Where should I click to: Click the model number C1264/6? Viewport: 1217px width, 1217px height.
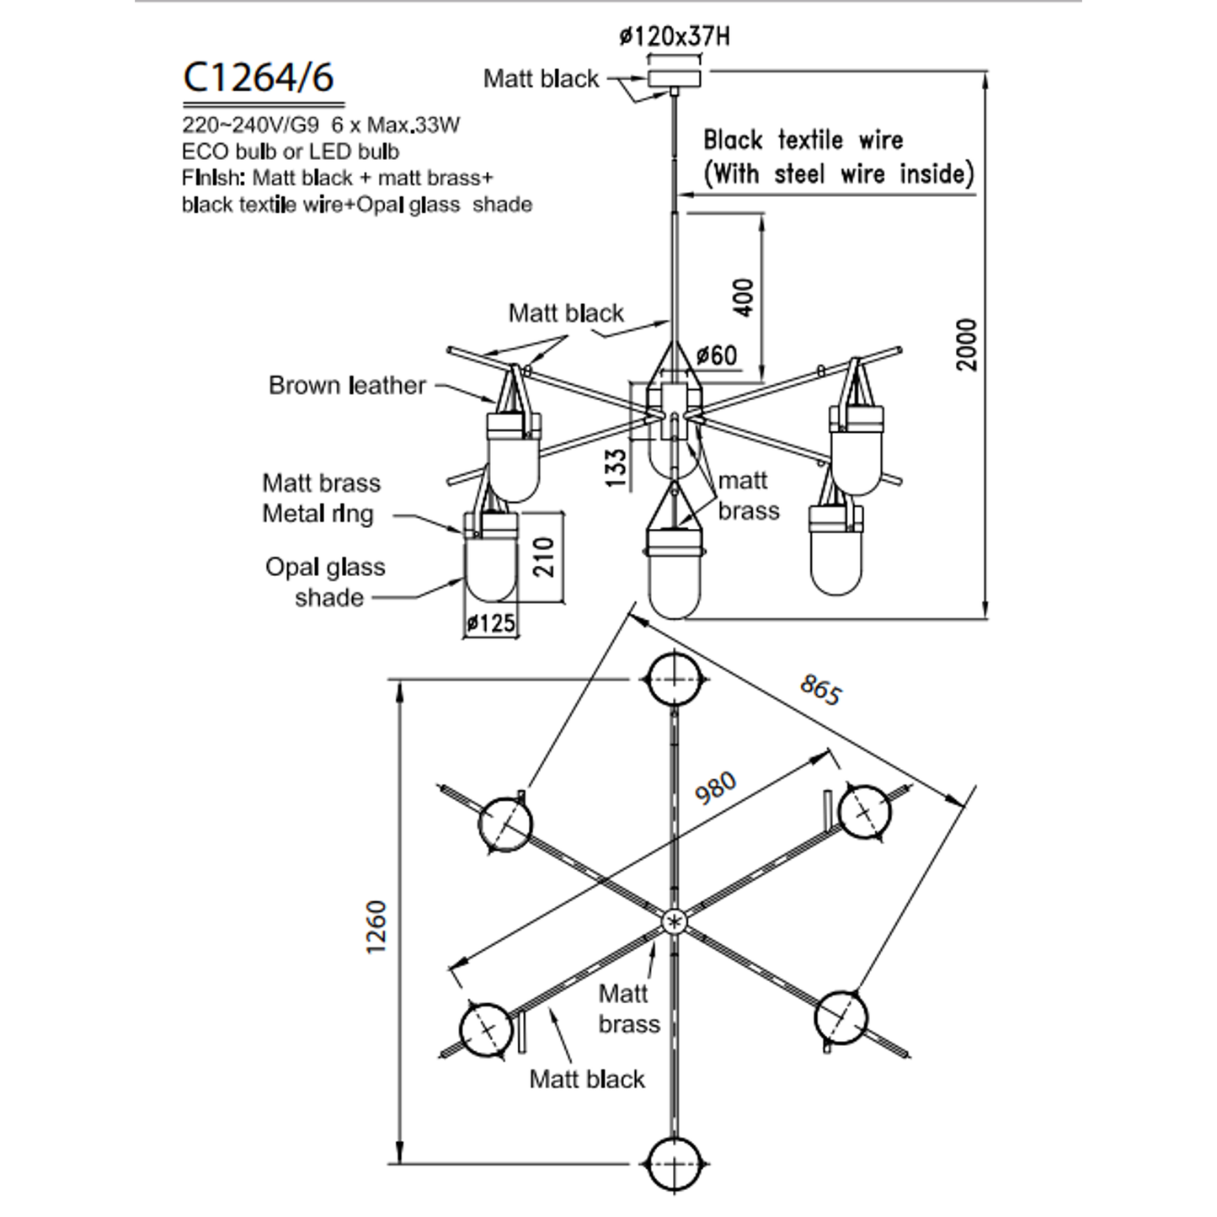pos(259,77)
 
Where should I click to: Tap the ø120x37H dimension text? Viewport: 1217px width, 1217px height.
pos(674,36)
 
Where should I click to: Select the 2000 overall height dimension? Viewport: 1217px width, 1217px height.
pos(967,344)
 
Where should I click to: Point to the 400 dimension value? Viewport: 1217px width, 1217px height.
pos(744,297)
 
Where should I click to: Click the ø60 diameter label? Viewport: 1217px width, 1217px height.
pos(717,355)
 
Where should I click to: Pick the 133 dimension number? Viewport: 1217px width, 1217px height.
pos(616,468)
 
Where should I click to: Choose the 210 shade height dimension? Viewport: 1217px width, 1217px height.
pos(543,557)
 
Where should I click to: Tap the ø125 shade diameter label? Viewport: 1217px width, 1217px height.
pos(491,623)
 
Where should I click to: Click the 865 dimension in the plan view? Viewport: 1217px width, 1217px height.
pos(819,690)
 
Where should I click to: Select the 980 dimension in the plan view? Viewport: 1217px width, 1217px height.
pos(715,788)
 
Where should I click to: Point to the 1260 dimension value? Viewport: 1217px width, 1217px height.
pos(376,926)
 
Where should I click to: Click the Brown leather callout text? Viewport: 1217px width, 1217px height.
pos(347,386)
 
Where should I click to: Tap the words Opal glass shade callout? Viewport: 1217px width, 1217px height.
pos(325,582)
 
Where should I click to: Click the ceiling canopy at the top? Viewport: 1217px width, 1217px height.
pos(674,78)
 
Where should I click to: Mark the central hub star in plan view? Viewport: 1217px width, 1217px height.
pos(674,922)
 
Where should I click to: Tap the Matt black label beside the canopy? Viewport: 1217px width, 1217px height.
pos(541,79)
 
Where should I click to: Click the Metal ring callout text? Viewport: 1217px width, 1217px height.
pos(318,514)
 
